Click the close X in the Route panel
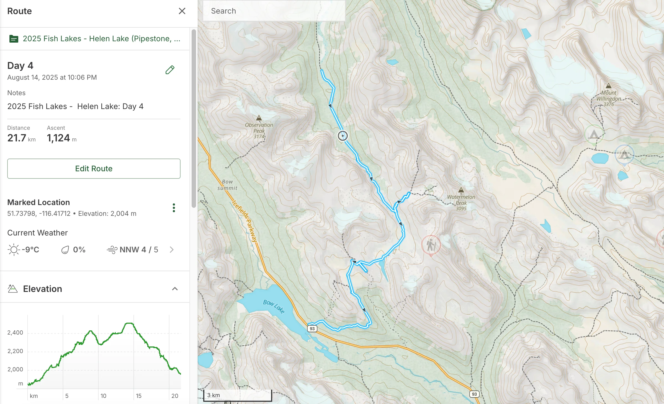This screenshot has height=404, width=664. tap(182, 11)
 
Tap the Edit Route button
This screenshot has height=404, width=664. tap(94, 169)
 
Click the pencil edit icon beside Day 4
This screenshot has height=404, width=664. tap(170, 70)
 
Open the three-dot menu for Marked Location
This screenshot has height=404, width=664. tap(174, 208)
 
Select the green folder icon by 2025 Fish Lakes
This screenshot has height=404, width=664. tap(14, 39)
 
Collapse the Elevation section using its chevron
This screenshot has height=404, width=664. tap(175, 289)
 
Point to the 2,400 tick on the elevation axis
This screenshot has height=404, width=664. tap(15, 333)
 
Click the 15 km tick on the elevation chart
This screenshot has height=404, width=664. tap(138, 396)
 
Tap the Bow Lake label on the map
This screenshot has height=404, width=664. tap(274, 306)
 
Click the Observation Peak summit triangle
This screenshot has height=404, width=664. tap(259, 118)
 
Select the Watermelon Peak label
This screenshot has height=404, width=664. tap(461, 203)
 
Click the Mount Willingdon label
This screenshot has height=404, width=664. tap(609, 98)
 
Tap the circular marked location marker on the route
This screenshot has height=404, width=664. tap(343, 136)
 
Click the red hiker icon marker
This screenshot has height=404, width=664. tap(431, 245)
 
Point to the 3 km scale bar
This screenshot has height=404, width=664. tap(237, 395)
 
